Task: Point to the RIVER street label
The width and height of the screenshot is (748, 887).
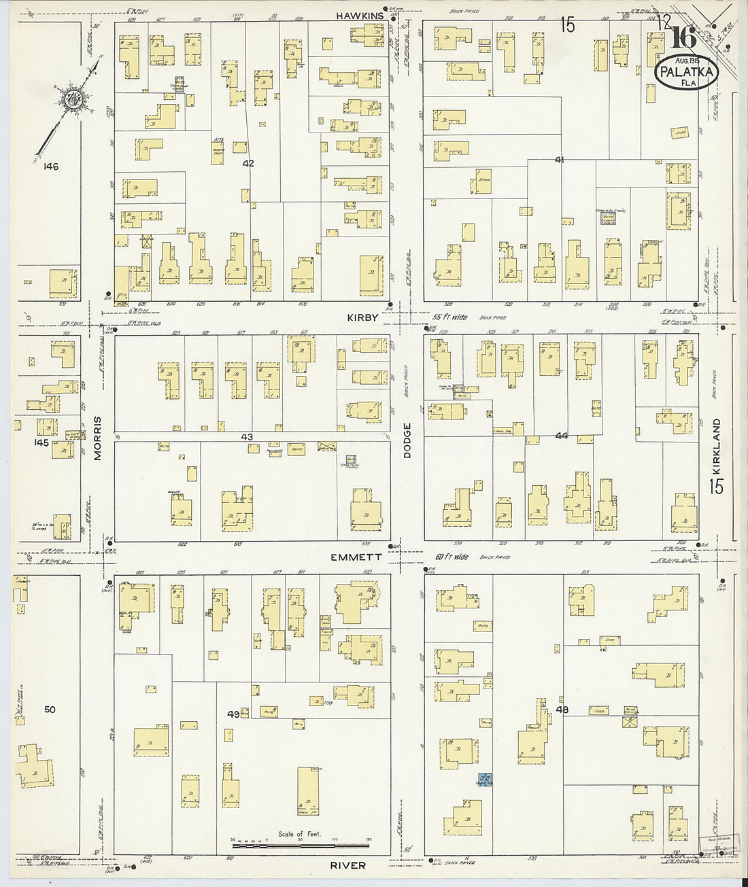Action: pos(350,865)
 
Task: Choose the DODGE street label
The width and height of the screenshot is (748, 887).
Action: pos(407,440)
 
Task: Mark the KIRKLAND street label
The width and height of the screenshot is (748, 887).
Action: pos(716,441)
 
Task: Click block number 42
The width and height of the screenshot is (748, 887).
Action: pos(248,163)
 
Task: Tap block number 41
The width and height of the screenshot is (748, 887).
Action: pos(560,160)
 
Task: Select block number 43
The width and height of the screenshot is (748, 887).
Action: pos(247,436)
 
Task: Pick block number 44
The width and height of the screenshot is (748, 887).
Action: pos(561,436)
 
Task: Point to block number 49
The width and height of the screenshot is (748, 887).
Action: pos(233,714)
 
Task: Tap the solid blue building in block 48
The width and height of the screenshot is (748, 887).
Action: pos(486,779)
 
